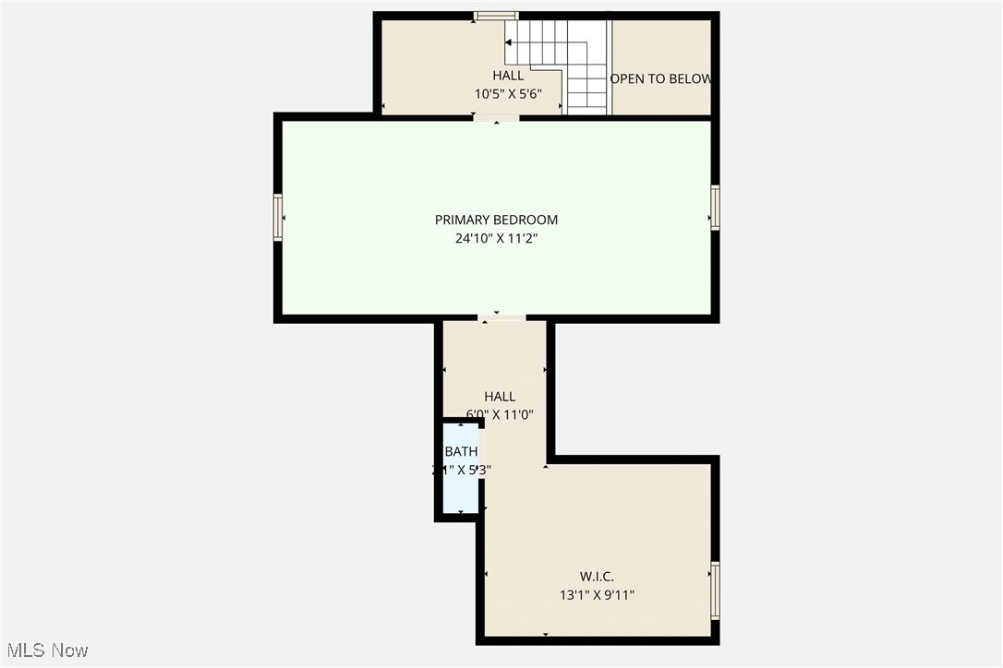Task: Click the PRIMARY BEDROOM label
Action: (496, 220)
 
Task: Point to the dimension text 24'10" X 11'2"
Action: (496, 238)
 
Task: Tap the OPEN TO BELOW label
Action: (660, 78)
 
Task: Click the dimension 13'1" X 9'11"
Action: (597, 595)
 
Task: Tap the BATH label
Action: (461, 451)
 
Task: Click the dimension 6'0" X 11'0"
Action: (500, 414)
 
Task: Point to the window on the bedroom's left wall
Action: (277, 218)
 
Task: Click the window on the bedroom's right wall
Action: (715, 208)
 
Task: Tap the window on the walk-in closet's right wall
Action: (715, 590)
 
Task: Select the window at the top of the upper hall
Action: (496, 16)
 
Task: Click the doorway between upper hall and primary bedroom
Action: (496, 117)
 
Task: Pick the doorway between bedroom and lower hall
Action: (501, 318)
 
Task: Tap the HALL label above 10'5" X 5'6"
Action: (507, 76)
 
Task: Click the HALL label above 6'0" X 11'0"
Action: (500, 397)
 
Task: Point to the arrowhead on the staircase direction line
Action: (509, 42)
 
